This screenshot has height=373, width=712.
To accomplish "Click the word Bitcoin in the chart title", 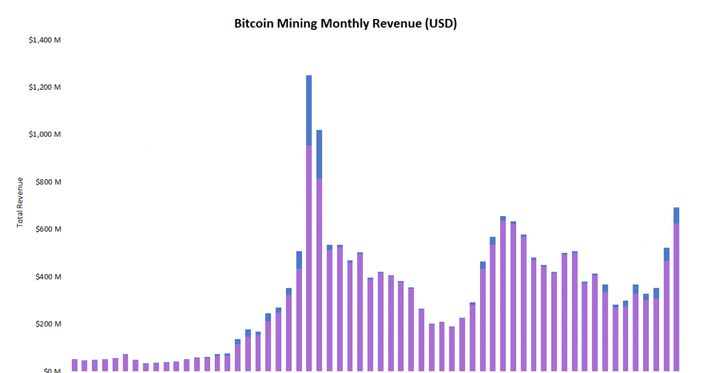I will point(254,24).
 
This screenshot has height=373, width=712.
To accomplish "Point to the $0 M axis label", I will point(52,370).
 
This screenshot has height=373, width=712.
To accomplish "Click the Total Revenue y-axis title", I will point(20,202).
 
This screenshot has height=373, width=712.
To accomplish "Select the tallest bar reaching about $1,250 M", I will point(309,255).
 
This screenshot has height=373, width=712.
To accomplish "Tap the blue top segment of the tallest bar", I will point(309,110).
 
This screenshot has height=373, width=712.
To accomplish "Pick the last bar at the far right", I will point(676,297).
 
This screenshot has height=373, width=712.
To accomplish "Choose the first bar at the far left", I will point(74,365).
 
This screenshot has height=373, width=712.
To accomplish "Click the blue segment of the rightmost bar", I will point(676,215).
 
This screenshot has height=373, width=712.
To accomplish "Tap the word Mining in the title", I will point(298,24).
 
